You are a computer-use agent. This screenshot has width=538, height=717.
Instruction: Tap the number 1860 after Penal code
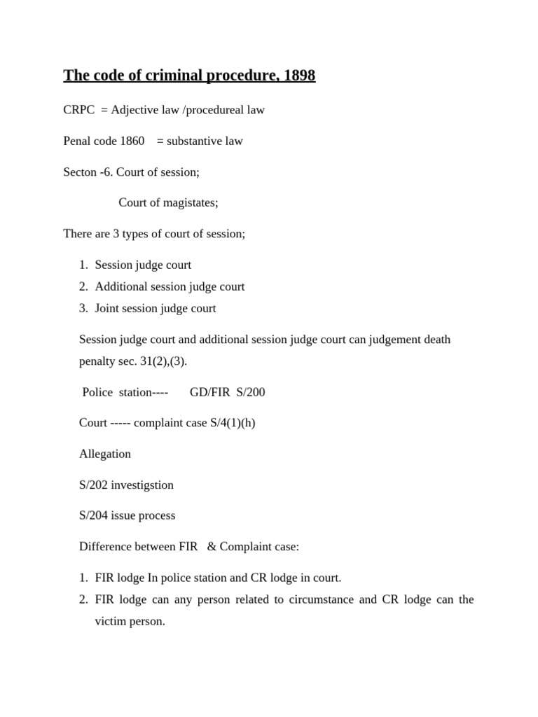(132, 141)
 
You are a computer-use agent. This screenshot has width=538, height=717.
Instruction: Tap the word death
(435, 340)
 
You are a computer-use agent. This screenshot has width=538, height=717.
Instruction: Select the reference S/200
(251, 392)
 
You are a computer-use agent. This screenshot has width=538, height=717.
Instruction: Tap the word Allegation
(105, 454)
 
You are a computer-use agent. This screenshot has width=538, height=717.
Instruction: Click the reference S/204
(94, 515)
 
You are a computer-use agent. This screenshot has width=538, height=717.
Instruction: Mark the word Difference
(105, 546)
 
